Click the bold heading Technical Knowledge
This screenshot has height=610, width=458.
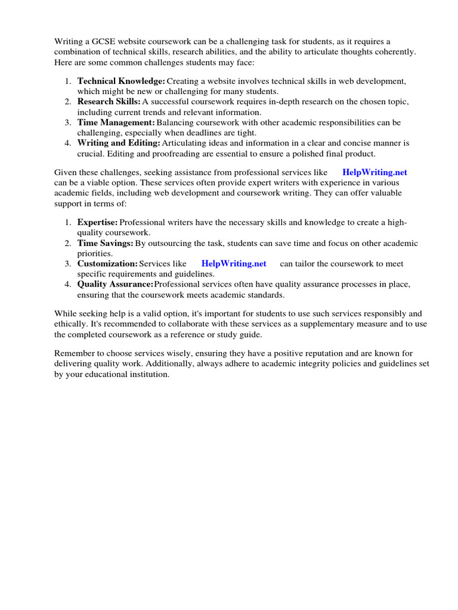(120, 80)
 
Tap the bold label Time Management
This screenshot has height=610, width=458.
(116, 122)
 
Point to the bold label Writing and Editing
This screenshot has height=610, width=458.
(119, 143)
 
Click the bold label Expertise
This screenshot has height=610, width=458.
(97, 222)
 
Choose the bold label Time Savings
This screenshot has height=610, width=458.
(105, 243)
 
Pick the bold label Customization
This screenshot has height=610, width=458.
(107, 263)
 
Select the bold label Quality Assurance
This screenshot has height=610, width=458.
(115, 284)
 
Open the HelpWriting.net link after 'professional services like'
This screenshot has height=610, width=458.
(375, 172)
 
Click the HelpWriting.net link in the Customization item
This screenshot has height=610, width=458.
(234, 263)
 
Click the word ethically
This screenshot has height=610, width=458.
(70, 323)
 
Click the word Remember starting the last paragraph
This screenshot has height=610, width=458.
(74, 353)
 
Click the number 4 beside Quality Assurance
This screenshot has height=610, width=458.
(67, 284)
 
